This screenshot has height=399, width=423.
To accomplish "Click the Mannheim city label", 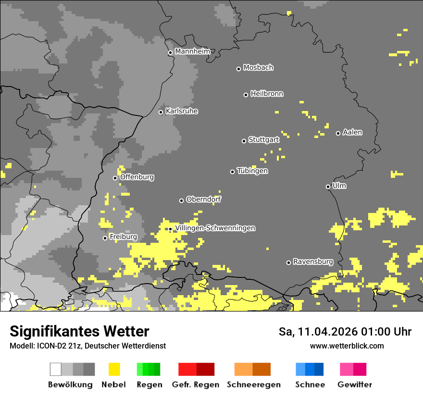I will tap(192, 51).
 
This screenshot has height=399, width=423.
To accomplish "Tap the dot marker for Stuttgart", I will tap(244, 141).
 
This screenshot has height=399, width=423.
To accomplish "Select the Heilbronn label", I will tap(267, 94).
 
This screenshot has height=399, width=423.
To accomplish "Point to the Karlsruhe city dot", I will tap(161, 112).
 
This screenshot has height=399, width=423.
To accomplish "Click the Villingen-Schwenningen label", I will tap(215, 228).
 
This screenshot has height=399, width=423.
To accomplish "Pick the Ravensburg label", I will tap(313, 262).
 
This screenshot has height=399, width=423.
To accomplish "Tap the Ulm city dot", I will tap(328, 187).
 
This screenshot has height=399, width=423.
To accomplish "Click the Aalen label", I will tap(352, 132).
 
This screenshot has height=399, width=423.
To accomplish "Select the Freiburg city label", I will tap(123, 237).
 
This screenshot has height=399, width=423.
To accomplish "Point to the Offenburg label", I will tap(137, 177).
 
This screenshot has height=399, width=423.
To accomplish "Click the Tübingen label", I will tap(252, 171).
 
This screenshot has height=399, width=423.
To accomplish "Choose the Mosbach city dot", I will tap(238, 69).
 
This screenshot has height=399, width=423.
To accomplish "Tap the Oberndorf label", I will tap(203, 199).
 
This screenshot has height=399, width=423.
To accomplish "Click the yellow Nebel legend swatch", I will tap(114, 369).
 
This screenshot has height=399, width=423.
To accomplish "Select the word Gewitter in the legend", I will tap(354, 385).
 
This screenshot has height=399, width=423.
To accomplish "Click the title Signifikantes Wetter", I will tap(79, 331).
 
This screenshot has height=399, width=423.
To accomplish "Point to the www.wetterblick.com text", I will tap(347, 346).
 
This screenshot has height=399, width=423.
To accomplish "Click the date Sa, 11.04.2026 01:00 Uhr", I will tap(345, 332).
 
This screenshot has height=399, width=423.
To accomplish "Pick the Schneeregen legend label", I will tap(253, 385).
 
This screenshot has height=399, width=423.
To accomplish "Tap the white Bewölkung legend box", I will tap(56, 369).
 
